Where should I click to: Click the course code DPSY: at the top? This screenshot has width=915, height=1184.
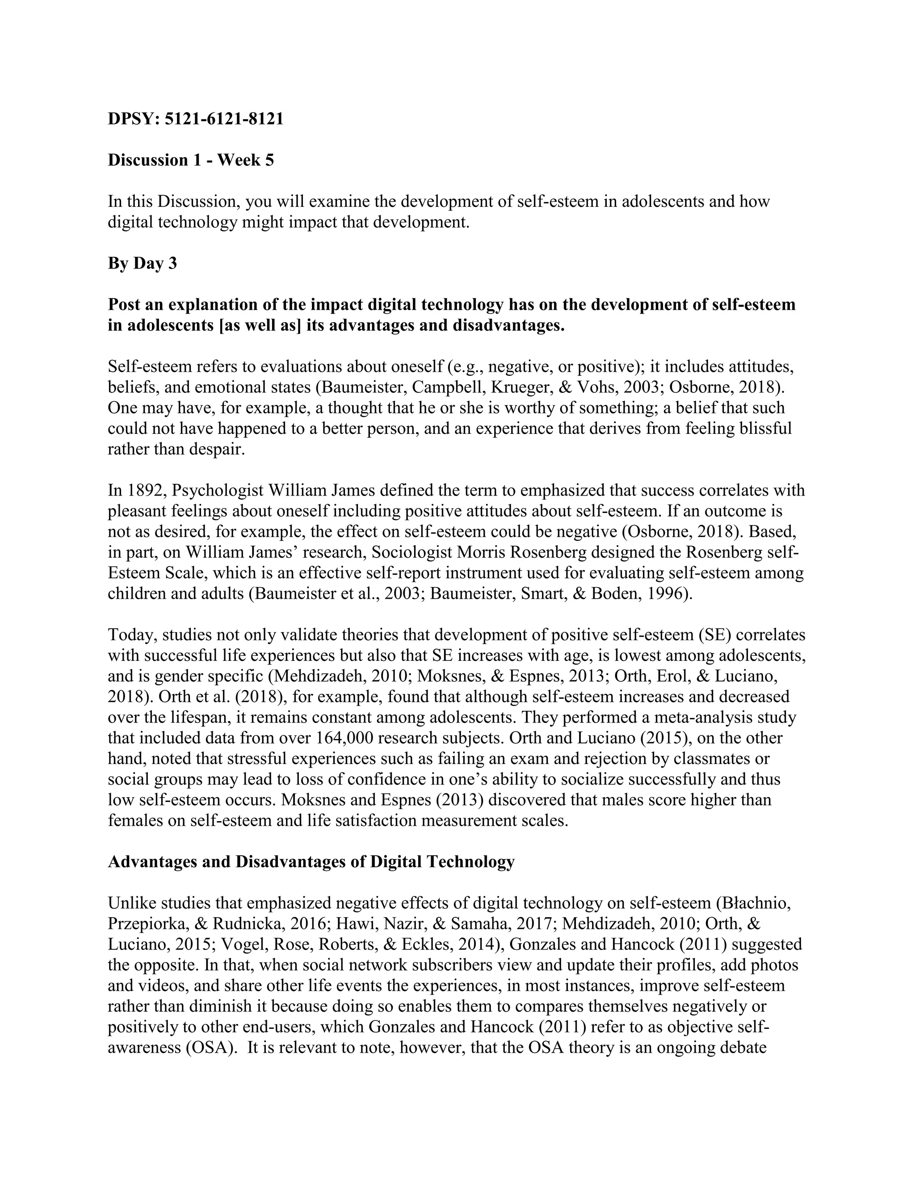(x=133, y=119)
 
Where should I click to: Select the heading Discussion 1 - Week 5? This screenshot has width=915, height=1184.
(x=191, y=160)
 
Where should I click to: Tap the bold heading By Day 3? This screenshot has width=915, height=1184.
(x=142, y=264)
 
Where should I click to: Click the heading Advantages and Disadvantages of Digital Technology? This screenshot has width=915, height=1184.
(x=311, y=862)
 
